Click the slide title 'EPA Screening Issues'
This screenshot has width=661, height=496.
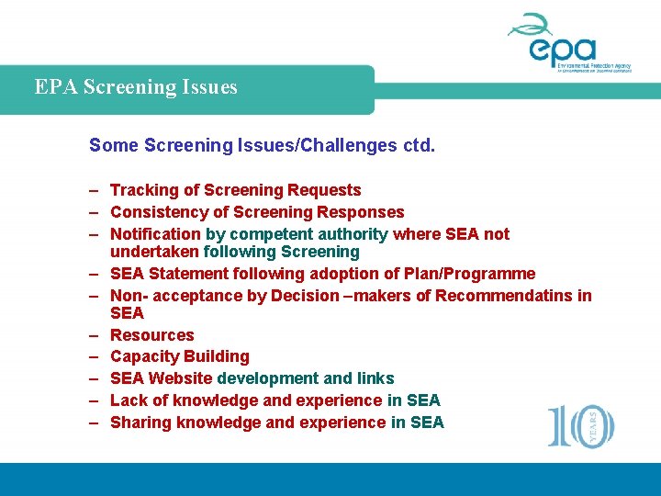[136, 87]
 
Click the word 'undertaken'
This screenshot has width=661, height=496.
[154, 252]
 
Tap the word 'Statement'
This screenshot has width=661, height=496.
[189, 273]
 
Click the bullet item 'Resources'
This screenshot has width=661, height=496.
[152, 335]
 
